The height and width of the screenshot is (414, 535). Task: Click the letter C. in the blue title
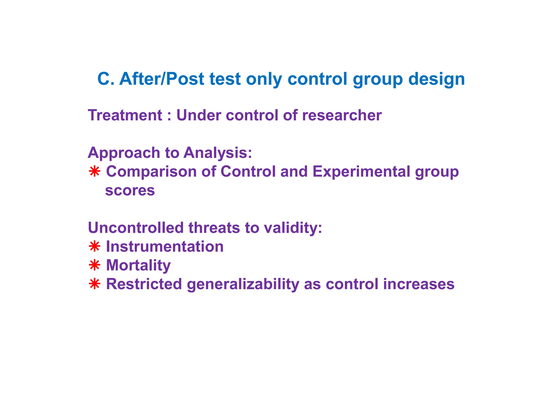(x=106, y=79)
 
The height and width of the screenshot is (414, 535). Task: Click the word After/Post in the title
(x=161, y=79)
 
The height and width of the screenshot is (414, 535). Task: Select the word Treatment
(x=125, y=115)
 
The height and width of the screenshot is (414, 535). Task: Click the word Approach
(x=124, y=153)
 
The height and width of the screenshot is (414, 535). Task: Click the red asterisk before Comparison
(x=94, y=172)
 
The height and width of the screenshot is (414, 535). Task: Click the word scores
(x=130, y=191)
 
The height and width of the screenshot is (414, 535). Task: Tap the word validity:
(x=293, y=228)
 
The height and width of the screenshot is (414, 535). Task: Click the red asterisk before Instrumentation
(x=94, y=247)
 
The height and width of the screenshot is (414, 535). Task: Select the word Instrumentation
(x=165, y=247)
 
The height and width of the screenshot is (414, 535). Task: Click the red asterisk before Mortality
(x=94, y=265)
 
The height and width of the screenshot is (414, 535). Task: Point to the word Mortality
(x=138, y=266)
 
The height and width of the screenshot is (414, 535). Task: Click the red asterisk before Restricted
(x=94, y=284)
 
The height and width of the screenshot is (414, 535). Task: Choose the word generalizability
(x=243, y=285)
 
